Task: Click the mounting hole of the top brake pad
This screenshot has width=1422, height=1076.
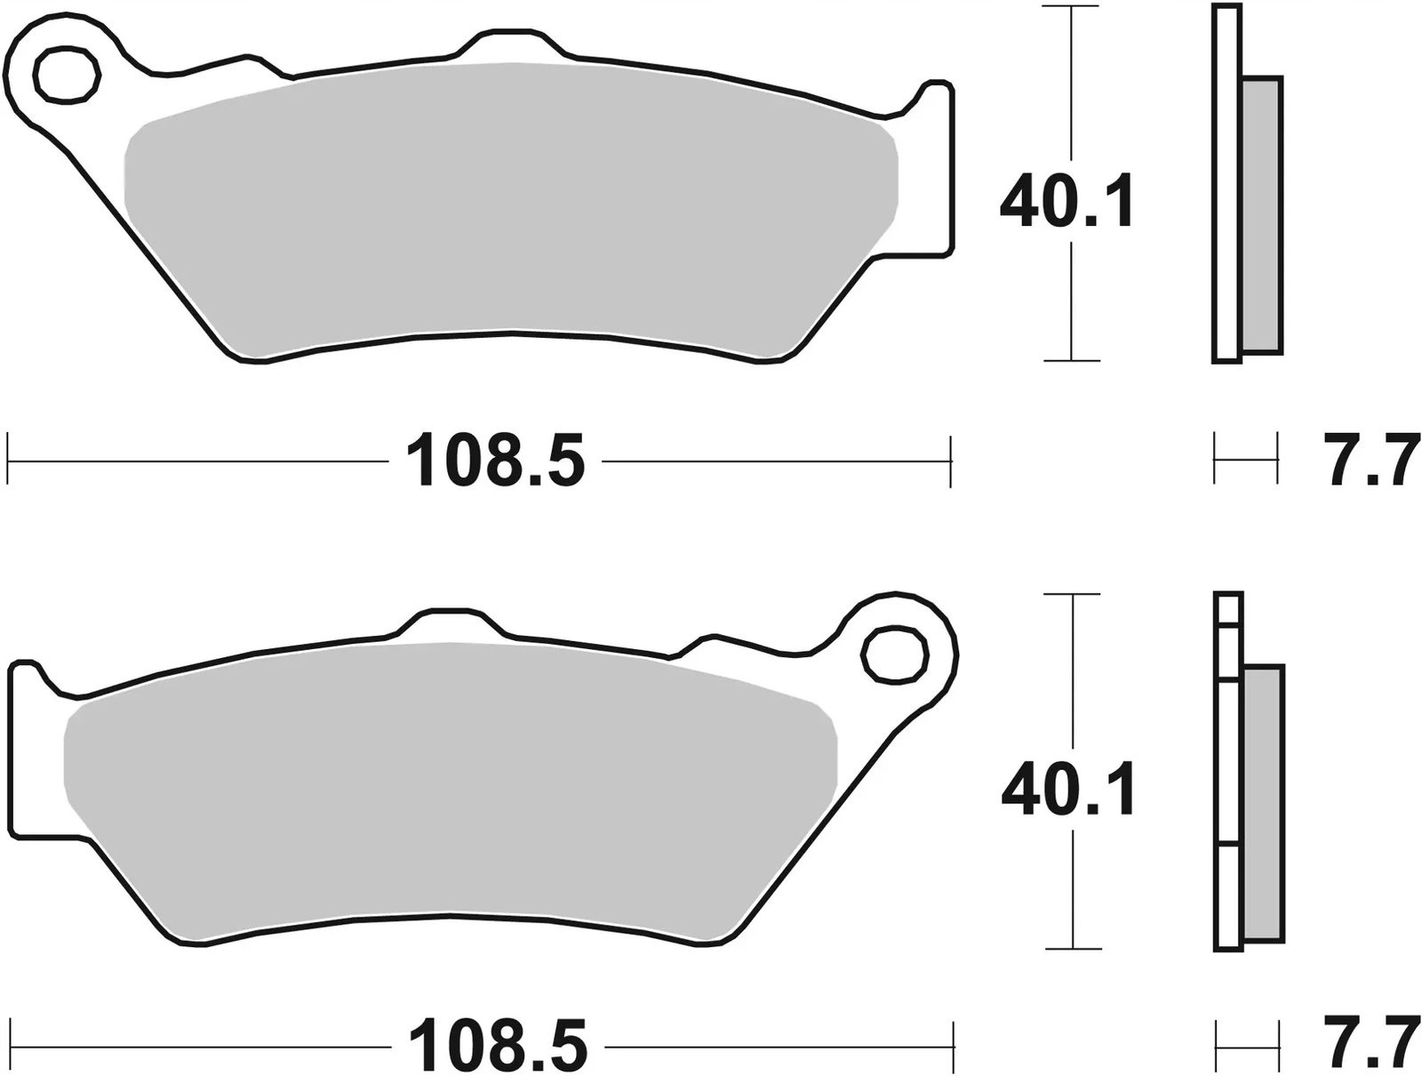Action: point(66,75)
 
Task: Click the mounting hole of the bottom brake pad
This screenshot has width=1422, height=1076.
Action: point(895,654)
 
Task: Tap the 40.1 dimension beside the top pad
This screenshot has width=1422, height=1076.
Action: point(1066,204)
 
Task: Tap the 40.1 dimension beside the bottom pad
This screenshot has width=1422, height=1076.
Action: point(1067,791)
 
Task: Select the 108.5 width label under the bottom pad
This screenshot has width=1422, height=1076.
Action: point(498,1046)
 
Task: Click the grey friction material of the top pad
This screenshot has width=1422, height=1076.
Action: point(511,205)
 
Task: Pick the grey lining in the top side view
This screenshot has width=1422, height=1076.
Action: point(1262,213)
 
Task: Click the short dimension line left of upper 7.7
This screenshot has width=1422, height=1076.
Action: point(1245,459)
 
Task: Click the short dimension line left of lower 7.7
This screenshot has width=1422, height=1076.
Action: point(1245,1048)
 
